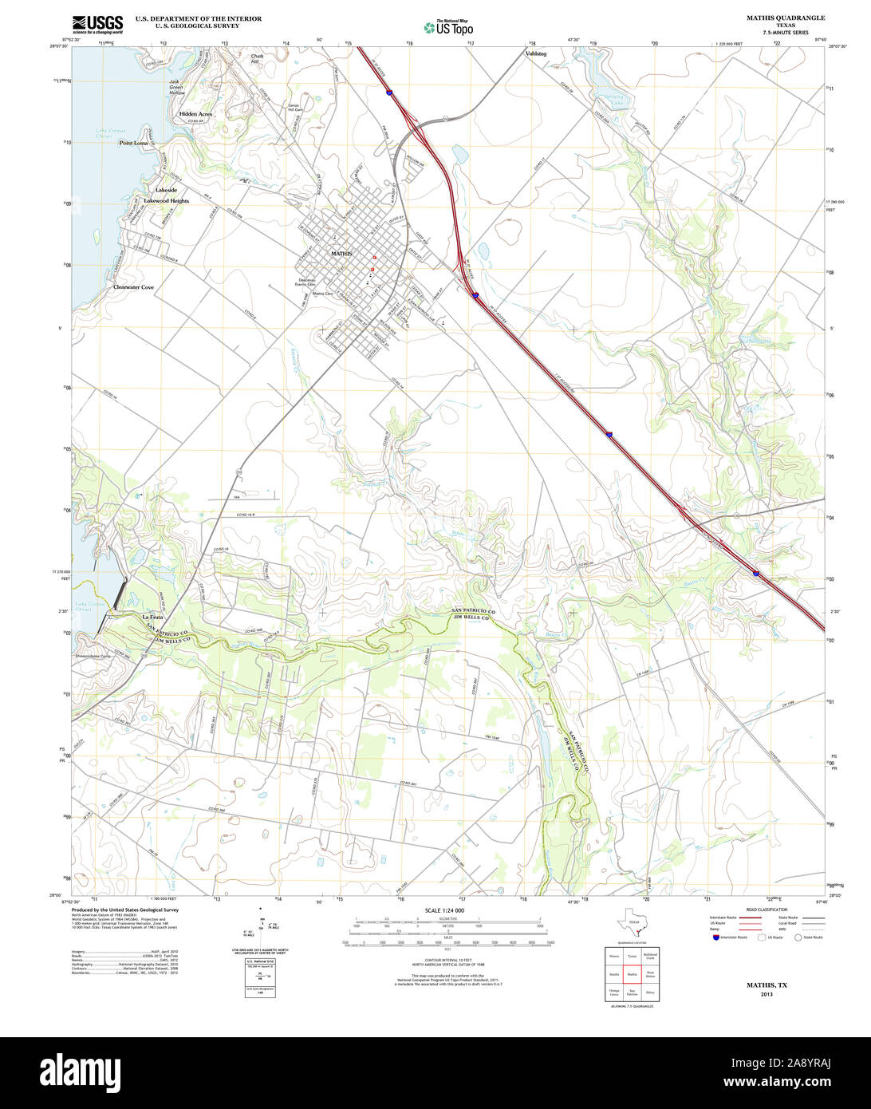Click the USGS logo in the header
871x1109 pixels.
[x=97, y=25]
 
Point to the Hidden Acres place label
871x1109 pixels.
[x=195, y=114]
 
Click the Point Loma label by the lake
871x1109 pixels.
[x=133, y=143]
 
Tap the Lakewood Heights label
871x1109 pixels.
[x=167, y=201]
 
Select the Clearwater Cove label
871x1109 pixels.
[x=133, y=286]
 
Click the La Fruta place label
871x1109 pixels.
[x=152, y=618]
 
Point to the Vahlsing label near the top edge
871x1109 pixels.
[x=536, y=53]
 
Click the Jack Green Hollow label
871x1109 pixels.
[x=177, y=87]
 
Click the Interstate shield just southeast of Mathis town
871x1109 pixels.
[x=475, y=294]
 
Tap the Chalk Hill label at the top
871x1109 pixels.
[x=257, y=59]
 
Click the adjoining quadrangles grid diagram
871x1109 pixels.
[x=633, y=973]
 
